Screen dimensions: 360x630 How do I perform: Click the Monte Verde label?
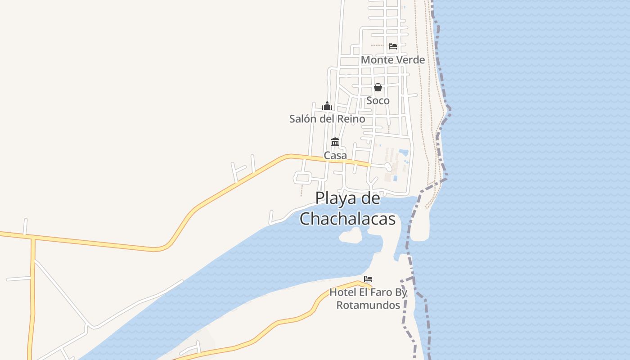(x=392, y=60)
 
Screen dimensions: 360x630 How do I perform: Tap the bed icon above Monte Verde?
(x=393, y=46)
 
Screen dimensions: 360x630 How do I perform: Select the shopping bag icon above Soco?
(x=378, y=87)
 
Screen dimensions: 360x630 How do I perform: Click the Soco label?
(x=378, y=100)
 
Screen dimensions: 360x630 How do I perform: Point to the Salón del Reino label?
(x=327, y=119)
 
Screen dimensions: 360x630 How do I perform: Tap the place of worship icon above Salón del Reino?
(x=327, y=106)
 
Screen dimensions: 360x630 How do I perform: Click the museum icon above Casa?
(x=335, y=142)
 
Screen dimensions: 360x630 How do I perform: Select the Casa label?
(x=335, y=156)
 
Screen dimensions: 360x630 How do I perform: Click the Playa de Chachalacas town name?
(x=347, y=208)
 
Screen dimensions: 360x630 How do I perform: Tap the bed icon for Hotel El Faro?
(x=368, y=279)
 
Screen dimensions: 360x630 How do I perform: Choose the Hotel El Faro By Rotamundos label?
(x=368, y=299)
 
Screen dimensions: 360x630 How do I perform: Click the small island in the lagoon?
(x=351, y=235)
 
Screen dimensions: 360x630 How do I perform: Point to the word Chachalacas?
(x=347, y=219)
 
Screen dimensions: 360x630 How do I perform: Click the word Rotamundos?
(x=368, y=305)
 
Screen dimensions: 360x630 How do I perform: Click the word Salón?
(x=304, y=119)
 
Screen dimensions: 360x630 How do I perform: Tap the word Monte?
(x=377, y=60)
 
